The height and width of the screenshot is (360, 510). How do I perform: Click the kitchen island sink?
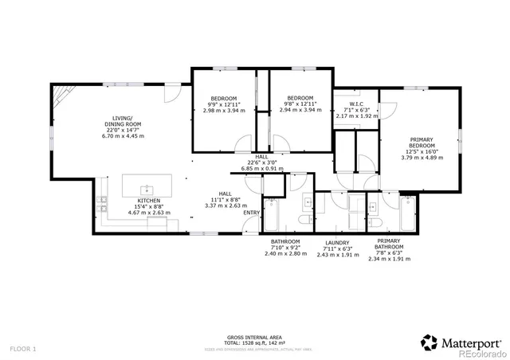(x=147, y=190)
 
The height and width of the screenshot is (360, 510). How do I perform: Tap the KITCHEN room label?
(x=147, y=201)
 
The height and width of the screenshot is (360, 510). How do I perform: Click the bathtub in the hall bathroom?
(x=273, y=215)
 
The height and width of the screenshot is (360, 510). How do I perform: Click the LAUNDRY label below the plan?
(x=338, y=242)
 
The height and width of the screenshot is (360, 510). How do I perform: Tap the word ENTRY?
(x=251, y=213)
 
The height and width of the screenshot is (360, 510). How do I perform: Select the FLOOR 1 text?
(x=23, y=349)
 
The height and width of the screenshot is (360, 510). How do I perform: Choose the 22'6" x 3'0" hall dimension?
(x=262, y=163)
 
